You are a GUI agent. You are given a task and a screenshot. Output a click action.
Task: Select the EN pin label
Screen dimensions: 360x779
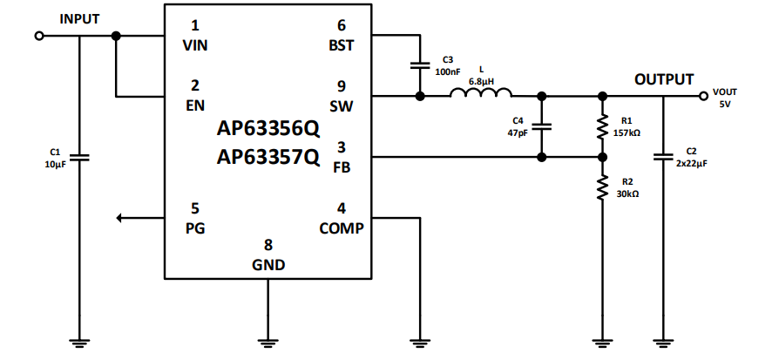[x=195, y=104]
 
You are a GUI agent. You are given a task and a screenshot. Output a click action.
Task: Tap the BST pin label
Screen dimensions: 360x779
[x=341, y=44]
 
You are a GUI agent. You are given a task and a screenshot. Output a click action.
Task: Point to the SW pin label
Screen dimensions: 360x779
[x=341, y=105]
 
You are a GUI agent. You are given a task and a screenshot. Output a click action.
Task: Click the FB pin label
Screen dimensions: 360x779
[x=342, y=166]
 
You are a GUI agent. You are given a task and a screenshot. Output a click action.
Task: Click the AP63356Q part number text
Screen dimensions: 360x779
[x=268, y=130]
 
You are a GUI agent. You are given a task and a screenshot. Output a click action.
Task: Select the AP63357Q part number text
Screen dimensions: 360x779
[x=268, y=158]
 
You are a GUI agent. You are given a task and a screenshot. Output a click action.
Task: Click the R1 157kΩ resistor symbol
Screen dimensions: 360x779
[x=600, y=127]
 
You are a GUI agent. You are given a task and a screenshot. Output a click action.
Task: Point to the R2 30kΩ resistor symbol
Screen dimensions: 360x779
[x=600, y=187]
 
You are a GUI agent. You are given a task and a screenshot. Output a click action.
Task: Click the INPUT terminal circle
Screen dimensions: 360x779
[x=38, y=37]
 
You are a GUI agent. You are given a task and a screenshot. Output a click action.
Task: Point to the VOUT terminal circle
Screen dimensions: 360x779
[x=703, y=97]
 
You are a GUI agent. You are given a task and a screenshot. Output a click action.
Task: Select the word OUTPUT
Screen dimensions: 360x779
[x=664, y=79]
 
